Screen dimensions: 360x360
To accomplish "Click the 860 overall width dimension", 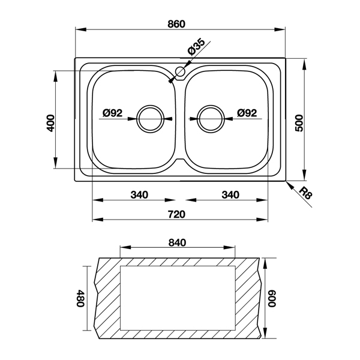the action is click(176, 24).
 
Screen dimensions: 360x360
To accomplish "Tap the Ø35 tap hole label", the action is click(196, 47).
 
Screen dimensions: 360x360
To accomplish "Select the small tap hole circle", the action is click(180, 71).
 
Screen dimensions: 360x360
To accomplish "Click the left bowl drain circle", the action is click(151, 119).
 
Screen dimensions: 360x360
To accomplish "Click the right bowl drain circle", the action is click(211, 119).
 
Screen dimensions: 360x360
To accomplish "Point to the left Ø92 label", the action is click(113, 113).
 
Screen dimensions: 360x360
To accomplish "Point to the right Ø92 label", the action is click(247, 113).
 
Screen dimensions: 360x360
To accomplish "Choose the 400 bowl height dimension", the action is click(51, 123).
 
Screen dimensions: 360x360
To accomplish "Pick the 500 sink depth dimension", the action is click(299, 123).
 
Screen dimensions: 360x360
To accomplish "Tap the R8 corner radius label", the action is click(306, 193).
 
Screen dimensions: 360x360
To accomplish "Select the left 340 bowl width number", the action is click(139, 195).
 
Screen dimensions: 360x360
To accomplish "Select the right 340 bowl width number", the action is click(230, 195).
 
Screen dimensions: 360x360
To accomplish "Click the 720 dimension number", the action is click(176, 214).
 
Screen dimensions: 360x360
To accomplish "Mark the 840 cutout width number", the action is click(177, 242).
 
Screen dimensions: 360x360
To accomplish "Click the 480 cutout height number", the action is click(81, 298).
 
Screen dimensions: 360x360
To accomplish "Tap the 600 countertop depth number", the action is click(272, 298).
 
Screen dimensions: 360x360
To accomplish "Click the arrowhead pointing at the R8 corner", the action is click(290, 185).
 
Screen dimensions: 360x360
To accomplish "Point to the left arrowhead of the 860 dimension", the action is click(81, 29).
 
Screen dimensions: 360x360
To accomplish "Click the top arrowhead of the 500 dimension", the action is click(304, 64).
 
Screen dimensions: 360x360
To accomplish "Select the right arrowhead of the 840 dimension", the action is click(230, 247).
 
